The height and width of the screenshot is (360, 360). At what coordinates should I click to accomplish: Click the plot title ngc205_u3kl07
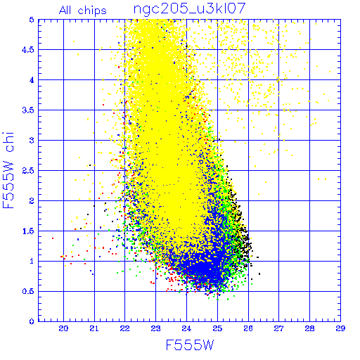pos(189,9)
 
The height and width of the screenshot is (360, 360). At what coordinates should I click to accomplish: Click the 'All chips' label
pos(83,11)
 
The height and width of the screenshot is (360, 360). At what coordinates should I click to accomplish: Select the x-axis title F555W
pos(190,345)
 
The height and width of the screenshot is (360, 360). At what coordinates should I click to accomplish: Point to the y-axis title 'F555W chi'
pos(8,170)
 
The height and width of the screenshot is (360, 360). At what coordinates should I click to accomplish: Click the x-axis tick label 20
pos(63,328)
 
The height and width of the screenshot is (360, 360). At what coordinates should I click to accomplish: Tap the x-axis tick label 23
pos(155,328)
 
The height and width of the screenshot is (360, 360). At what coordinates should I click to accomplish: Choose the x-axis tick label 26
pos(248,328)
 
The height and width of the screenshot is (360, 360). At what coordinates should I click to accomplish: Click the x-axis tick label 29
pos(340,328)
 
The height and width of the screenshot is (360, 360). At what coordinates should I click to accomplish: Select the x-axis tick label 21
pos(94,328)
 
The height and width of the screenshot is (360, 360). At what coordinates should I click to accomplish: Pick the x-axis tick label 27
pos(279,328)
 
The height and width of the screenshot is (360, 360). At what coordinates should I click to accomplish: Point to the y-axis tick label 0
pos(32,321)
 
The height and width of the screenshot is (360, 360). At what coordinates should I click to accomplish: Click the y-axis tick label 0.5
pos(28,291)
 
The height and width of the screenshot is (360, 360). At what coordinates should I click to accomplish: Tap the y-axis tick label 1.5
pos(28,231)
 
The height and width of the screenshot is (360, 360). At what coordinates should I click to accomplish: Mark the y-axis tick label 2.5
pos(28,171)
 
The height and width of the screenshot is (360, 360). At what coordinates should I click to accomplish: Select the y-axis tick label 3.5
pos(28,110)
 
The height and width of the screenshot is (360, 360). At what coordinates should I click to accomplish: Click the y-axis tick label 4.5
pos(28,50)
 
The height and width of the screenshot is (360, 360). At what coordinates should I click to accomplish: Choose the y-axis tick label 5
pos(32,20)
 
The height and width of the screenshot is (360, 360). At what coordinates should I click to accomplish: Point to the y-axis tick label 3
pos(32,141)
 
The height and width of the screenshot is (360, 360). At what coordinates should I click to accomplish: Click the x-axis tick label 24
pos(186,328)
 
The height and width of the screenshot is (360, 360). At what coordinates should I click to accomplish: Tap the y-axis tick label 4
pos(32,80)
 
